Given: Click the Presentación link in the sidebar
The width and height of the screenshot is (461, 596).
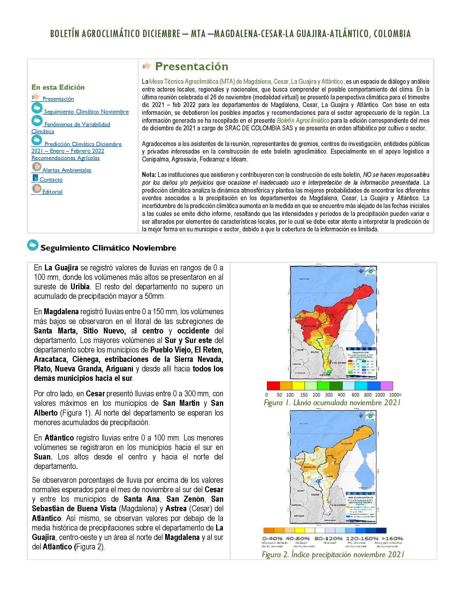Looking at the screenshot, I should [58, 99].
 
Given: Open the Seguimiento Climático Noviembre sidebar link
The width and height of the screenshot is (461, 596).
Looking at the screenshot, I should [86, 112].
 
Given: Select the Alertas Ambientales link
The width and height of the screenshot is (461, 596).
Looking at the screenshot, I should [67, 170].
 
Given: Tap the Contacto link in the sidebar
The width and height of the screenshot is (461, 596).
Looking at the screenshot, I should [51, 180].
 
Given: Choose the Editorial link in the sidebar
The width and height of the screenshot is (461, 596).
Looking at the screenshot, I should [52, 192].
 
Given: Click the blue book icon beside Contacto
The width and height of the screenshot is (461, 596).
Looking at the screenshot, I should [35, 178].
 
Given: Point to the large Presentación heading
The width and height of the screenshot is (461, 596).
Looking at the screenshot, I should [191, 66].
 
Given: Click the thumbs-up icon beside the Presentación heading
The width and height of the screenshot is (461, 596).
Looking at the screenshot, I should [147, 66].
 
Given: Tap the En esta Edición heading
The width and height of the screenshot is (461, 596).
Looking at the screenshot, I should [58, 87].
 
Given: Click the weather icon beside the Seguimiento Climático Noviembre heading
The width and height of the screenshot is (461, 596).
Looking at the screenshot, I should [33, 245].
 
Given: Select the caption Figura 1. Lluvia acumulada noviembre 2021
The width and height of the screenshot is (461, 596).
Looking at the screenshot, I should [332, 403].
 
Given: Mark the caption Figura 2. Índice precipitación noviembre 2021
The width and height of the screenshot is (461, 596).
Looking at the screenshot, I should [333, 555].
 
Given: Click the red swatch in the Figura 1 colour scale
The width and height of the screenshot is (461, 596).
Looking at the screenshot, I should [273, 386].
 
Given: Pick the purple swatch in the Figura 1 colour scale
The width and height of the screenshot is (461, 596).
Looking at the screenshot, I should [386, 386].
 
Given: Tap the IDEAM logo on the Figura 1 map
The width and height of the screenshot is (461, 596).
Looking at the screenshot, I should [370, 272].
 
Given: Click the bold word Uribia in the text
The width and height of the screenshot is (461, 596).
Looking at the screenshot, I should [80, 287].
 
